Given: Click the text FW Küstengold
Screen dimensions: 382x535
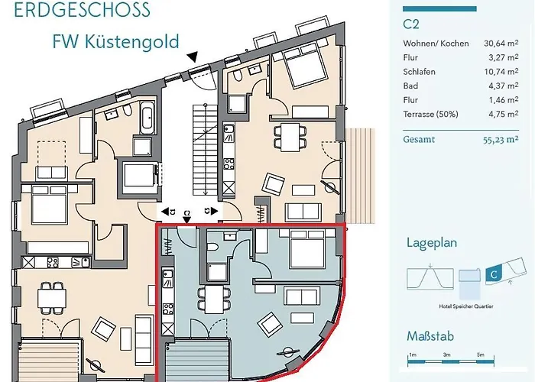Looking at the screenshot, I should (115, 40).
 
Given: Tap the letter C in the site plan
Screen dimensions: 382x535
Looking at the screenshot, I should (494, 272).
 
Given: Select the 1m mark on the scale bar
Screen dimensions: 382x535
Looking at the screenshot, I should (412, 354).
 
